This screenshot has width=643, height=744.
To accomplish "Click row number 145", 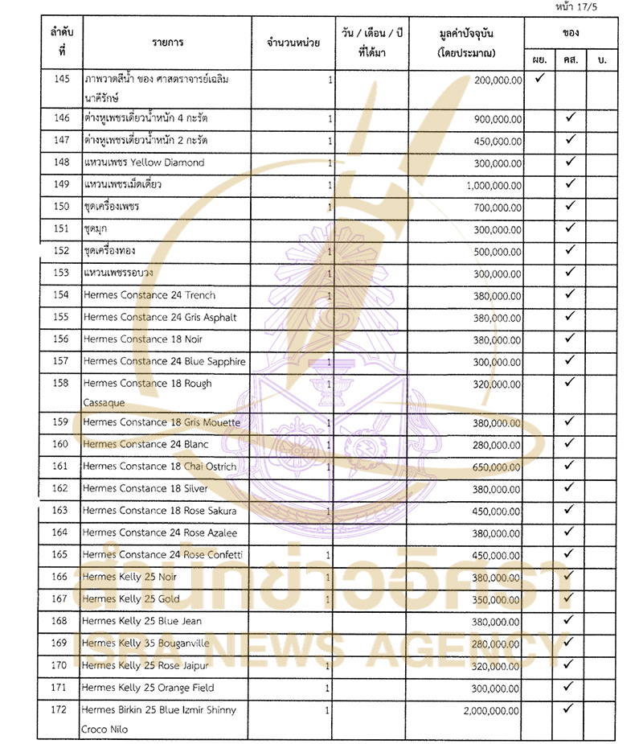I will tap(62, 80).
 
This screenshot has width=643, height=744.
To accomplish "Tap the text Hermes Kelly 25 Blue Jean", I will tap(141, 621).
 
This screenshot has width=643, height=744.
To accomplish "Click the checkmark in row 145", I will tap(540, 79).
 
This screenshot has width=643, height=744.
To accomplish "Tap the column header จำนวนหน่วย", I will tap(287, 43).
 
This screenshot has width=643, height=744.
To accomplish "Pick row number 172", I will tap(60, 711).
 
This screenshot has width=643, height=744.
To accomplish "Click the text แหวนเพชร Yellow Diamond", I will tap(145, 162).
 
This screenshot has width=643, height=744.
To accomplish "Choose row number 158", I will tap(60, 384).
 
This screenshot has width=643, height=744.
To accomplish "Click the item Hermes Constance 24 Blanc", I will tap(145, 445).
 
